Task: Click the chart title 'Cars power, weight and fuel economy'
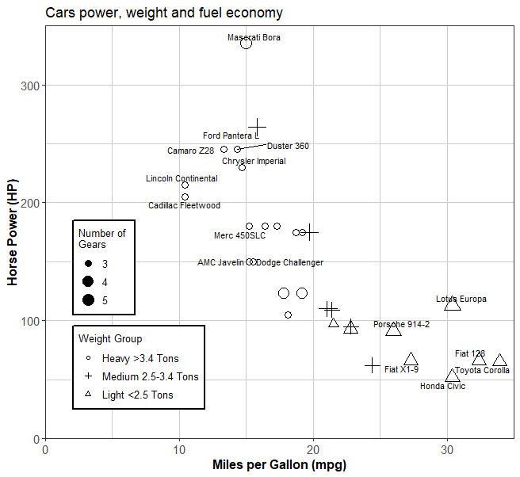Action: [164, 13]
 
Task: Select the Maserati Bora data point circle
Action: [246, 43]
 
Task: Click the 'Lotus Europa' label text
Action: [461, 299]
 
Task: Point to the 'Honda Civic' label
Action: [442, 386]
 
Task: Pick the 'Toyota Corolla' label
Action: [482, 370]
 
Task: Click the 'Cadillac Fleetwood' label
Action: [184, 206]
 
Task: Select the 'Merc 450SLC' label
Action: [239, 235]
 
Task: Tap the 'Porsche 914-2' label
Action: [401, 324]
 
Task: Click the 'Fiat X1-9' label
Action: [401, 369]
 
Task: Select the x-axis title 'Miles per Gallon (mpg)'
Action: [279, 464]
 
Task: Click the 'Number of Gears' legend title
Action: [101, 238]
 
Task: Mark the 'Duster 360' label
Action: [288, 146]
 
